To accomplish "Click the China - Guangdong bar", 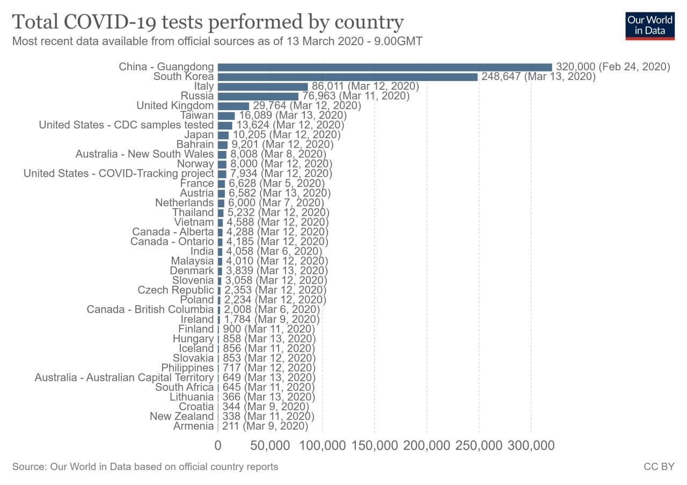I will coord(384,67).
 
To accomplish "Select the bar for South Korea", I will coord(347,77).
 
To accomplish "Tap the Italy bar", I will coord(262,86).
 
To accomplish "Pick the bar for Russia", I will coord(258,96).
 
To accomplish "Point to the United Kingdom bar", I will coord(233,106).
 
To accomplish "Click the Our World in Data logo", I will coord(649,25).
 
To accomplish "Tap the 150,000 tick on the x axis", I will coord(375,445).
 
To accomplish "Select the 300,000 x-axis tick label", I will coord(531,445).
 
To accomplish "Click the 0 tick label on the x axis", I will coord(218,445).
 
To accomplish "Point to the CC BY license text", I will coord(659,467).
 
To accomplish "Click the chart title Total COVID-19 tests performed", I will coord(208,22).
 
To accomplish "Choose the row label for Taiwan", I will coord(196,115).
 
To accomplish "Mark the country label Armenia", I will coord(193,426).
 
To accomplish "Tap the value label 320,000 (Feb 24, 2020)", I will coord(613,67).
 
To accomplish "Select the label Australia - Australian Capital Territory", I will coord(124,378).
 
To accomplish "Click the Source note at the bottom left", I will coord(145,467).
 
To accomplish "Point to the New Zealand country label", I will coord(181,416).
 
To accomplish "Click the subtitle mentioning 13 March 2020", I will coord(217,41).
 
